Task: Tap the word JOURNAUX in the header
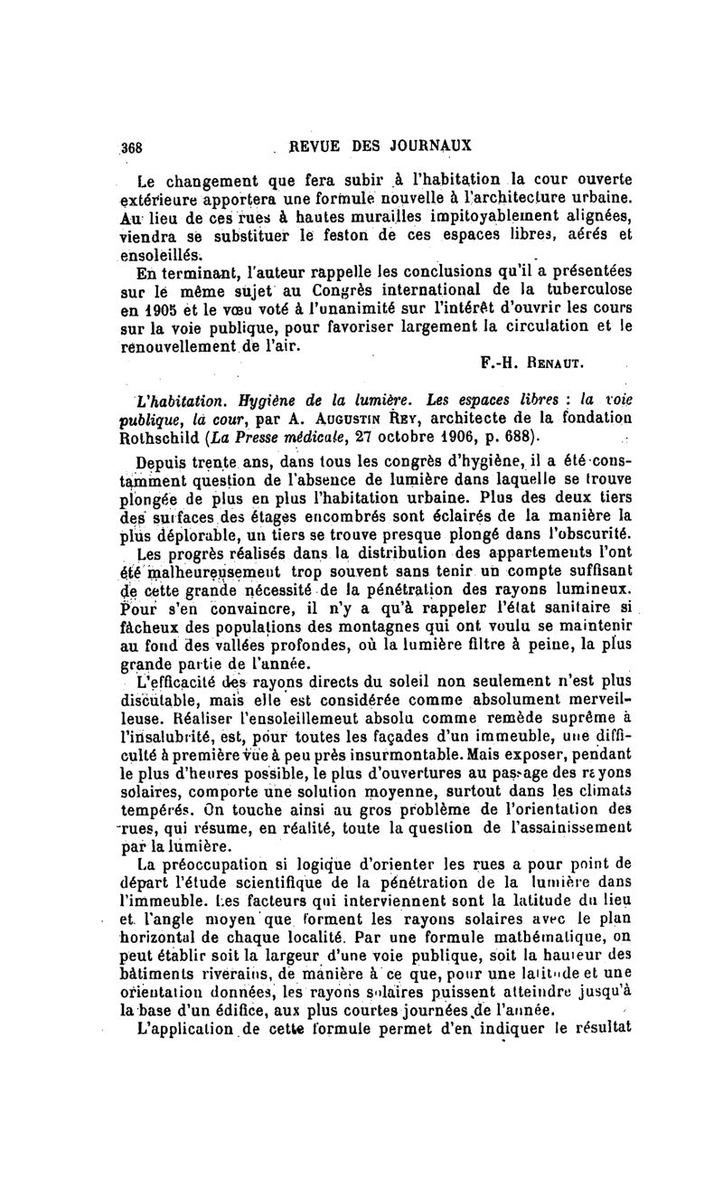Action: click(x=427, y=145)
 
